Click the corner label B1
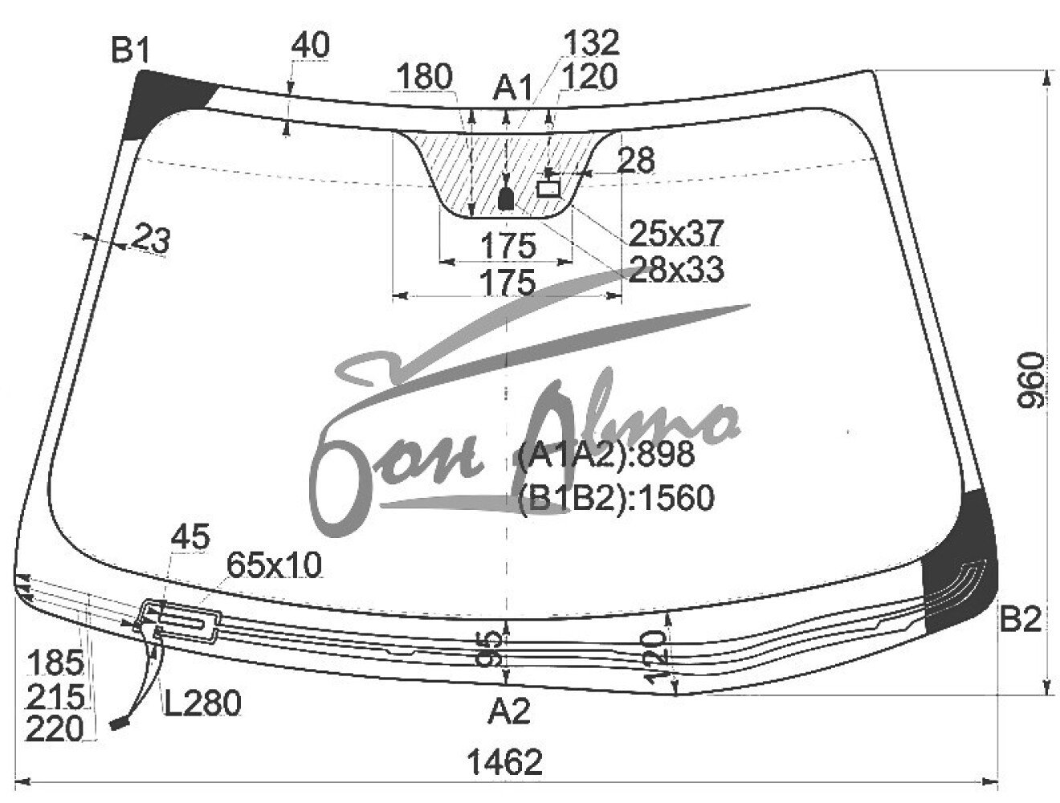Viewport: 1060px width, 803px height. pyautogui.click(x=130, y=51)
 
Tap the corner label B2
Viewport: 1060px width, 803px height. pyautogui.click(x=1019, y=619)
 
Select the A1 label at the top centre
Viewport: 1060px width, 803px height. pyautogui.click(x=512, y=89)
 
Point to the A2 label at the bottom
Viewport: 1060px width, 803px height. pyautogui.click(x=508, y=711)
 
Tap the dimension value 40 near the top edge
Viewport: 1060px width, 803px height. pyautogui.click(x=310, y=46)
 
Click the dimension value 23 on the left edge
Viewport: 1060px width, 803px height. pyautogui.click(x=151, y=238)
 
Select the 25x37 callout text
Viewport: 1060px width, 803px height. pyautogui.click(x=675, y=232)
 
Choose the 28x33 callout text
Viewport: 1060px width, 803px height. pyautogui.click(x=675, y=269)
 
